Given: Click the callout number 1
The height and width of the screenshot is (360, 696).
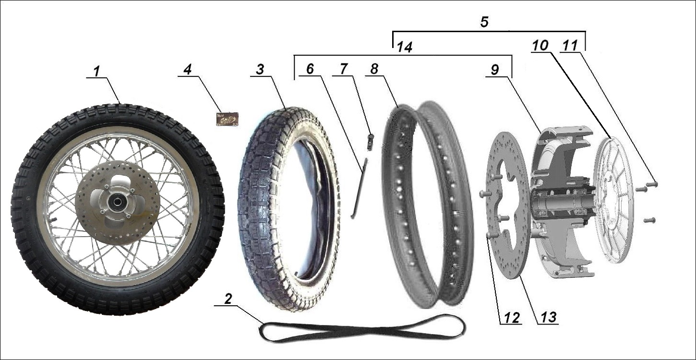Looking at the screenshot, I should click(x=97, y=71).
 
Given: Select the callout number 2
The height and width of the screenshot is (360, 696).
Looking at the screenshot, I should click(x=228, y=299).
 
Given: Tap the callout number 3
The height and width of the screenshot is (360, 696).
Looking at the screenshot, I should click(x=260, y=69).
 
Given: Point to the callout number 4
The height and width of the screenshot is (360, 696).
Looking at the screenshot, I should click(x=187, y=69).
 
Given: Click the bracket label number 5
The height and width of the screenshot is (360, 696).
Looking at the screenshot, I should click(x=485, y=23).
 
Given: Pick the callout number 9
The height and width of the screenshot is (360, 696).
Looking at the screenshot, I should click(x=495, y=69).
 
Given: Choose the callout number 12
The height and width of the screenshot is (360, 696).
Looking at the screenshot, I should click(x=509, y=318).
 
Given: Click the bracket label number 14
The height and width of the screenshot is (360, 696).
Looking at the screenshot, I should click(x=404, y=47).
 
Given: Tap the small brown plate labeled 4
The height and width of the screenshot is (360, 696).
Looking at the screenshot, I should click(x=227, y=119).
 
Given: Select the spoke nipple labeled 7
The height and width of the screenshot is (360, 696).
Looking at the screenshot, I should click(x=370, y=141).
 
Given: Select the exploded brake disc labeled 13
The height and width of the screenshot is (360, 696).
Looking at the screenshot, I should click(x=509, y=250).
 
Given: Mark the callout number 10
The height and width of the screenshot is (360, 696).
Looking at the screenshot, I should click(x=540, y=46).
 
